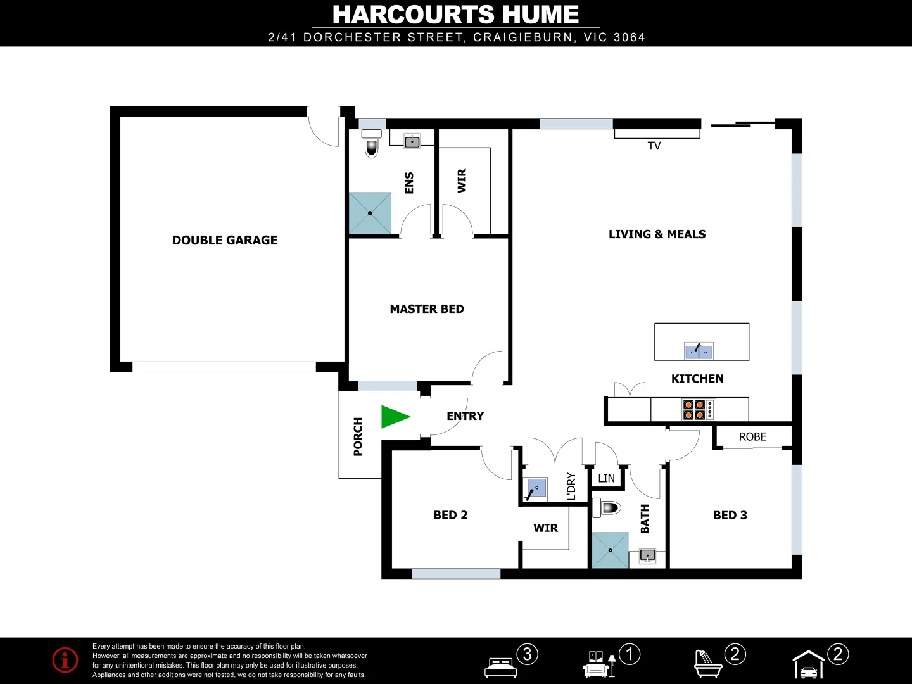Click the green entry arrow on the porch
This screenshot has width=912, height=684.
coord(395,417)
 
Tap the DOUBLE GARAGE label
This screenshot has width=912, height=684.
coord(225,240)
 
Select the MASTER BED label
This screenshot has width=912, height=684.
coord(427,309)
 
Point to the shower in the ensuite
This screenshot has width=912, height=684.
coord(370,213)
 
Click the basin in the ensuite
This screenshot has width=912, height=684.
coord(412,141)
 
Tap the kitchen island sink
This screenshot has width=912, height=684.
coord(699,350)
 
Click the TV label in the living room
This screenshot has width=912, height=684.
coord(654,146)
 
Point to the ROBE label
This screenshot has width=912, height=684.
coord(752,437)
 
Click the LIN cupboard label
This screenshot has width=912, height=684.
coord(606,479)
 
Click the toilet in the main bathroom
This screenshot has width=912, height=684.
coord(609,507)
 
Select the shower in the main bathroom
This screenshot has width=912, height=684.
coord(610,550)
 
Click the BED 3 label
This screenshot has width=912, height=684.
coord(730,516)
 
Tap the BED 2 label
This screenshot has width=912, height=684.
coord(450,516)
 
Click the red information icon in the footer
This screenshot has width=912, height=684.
coord(65,660)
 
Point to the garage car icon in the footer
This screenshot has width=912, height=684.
coord(809,666)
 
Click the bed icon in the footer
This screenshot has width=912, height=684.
coord(500,667)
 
